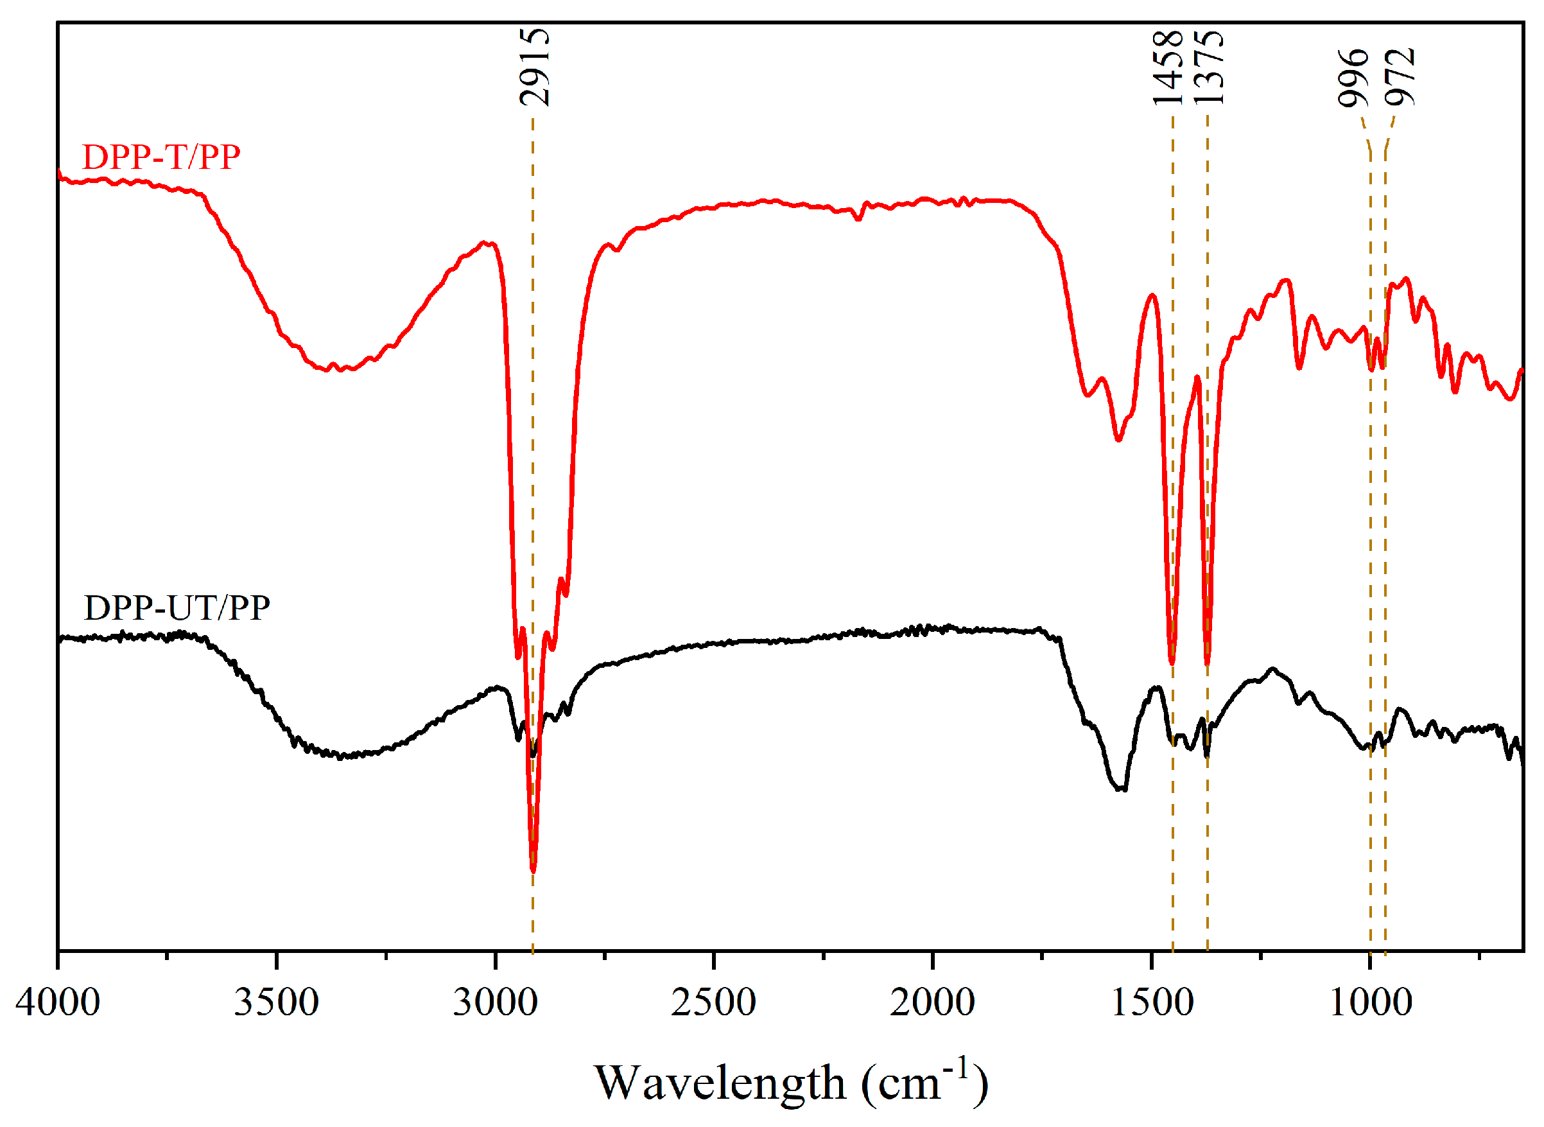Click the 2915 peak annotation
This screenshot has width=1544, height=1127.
[x=534, y=67]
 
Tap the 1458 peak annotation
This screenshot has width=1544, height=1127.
[x=1168, y=67]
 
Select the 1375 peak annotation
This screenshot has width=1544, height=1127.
[x=1208, y=67]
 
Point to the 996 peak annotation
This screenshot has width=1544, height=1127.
[x=1353, y=78]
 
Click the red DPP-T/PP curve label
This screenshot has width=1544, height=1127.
[x=161, y=157]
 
